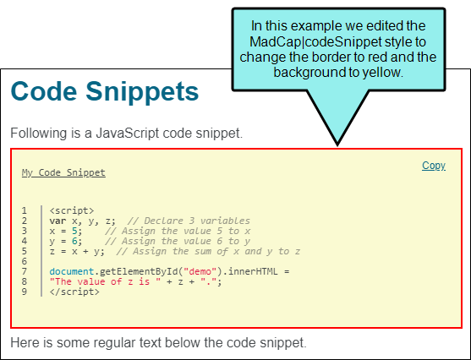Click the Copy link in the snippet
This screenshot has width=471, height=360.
point(434,166)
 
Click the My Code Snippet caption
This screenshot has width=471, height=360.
point(63,172)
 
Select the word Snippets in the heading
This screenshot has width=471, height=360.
point(142,92)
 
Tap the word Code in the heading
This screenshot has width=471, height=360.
point(44,91)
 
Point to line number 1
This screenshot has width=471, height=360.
point(24,210)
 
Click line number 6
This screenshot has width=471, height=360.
point(24,261)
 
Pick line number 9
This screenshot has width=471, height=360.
point(24,292)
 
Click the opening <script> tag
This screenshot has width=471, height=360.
point(72,210)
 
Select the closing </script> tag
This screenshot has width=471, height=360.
point(74,292)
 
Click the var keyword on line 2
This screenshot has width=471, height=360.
point(58,221)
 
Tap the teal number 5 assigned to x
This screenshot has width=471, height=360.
point(74,231)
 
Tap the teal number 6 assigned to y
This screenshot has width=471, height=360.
point(74,241)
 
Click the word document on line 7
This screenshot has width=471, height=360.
point(72,271)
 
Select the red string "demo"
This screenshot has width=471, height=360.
point(200,271)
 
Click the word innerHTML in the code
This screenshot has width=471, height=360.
point(253,271)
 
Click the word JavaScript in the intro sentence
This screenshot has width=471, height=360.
point(128,133)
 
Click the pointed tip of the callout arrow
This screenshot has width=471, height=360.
point(337,145)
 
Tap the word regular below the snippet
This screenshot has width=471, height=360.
point(111,343)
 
